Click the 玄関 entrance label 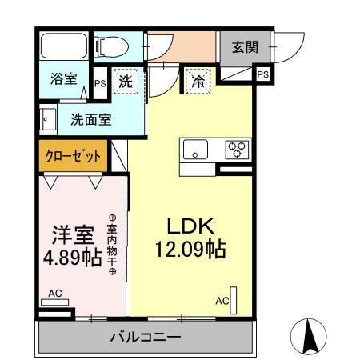click(x=246, y=47)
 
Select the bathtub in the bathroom click(x=64, y=46)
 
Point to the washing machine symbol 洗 click(x=126, y=81)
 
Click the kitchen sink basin click(x=195, y=149)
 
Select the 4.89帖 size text click(x=72, y=258)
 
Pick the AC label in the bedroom click(x=54, y=294)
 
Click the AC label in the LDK click(x=222, y=302)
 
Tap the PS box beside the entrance click(x=262, y=74)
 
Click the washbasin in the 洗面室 click(x=48, y=121)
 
